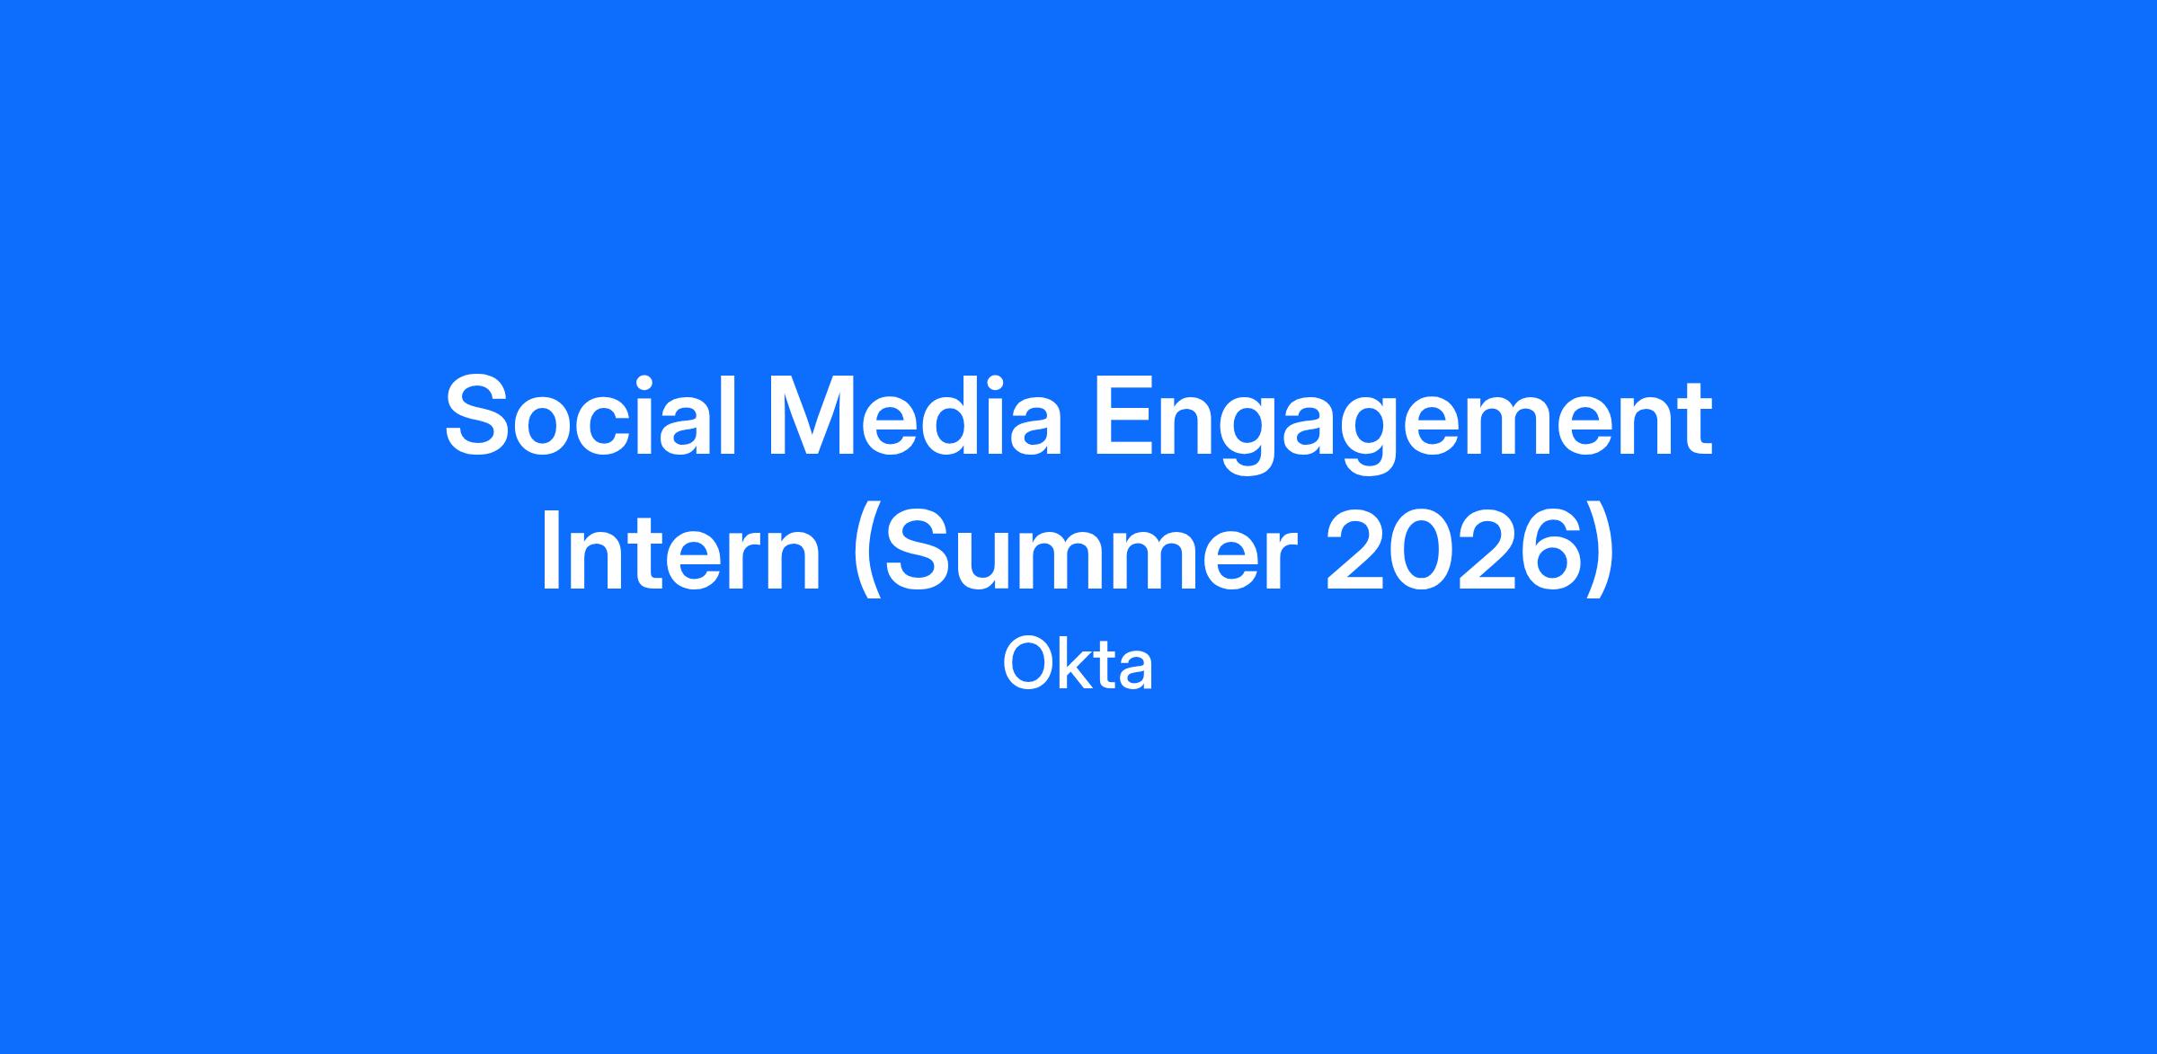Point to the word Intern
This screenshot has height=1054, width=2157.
pyautogui.click(x=680, y=554)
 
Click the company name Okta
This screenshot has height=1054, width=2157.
pyautogui.click(x=1078, y=664)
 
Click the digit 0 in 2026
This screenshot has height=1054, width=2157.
pyautogui.click(x=1420, y=553)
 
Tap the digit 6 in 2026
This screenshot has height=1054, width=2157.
pyautogui.click(x=1549, y=553)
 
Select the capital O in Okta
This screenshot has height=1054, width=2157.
pyautogui.click(x=1029, y=664)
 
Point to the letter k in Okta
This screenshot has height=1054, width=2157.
pyautogui.click(x=1078, y=664)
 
